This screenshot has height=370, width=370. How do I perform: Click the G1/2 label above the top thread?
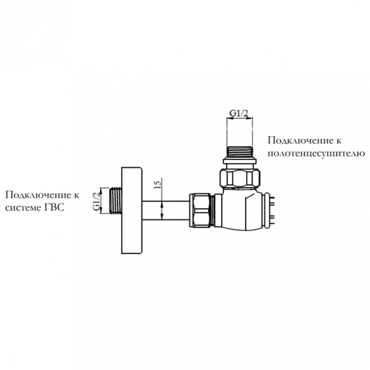[x=239, y=113]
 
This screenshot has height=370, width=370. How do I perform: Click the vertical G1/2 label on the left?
[x=96, y=201]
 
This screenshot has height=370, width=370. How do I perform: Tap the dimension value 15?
[x=157, y=183]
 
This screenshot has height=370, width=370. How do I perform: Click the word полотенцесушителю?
[x=316, y=154]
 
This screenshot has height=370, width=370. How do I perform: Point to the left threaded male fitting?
[x=116, y=201]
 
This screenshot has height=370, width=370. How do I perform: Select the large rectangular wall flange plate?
[x=132, y=210]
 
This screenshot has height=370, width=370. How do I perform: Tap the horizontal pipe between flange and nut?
[x=166, y=210]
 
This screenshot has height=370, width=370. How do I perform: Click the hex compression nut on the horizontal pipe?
[x=200, y=210]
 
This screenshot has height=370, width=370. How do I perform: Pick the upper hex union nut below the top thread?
[x=240, y=178]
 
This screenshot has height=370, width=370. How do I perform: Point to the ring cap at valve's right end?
[x=267, y=211]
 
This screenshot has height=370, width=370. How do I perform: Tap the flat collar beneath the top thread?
[x=240, y=161]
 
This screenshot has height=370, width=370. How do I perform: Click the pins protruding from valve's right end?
[x=272, y=210]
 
